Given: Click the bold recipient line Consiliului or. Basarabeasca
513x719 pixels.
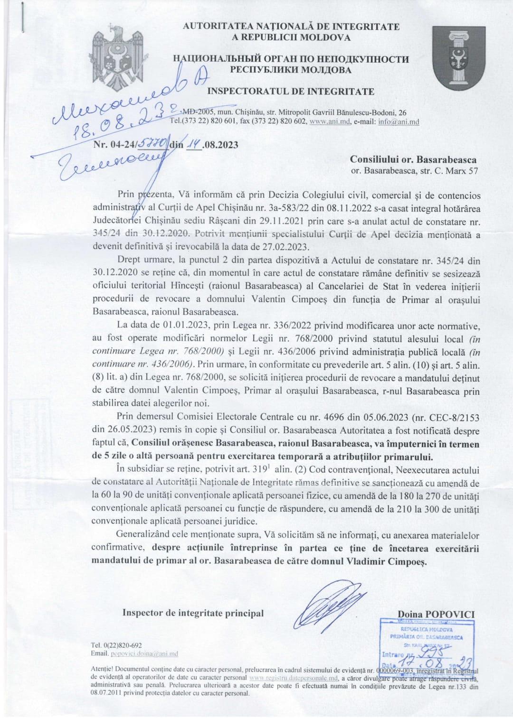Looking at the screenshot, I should pyautogui.click(x=413, y=160).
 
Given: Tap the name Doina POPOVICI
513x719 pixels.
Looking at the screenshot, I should pyautogui.click(x=436, y=614).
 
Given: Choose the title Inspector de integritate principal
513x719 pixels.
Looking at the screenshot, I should pyautogui.click(x=193, y=613).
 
